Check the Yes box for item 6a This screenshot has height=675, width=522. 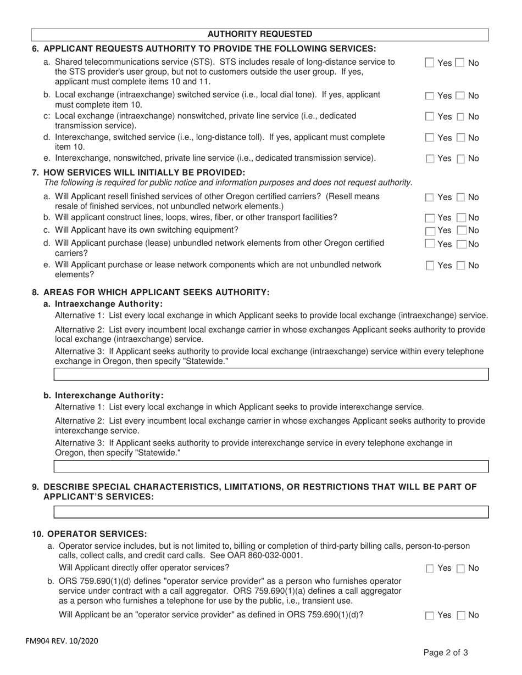click(x=430, y=63)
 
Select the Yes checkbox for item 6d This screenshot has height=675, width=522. click(x=430, y=138)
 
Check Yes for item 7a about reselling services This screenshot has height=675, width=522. click(x=430, y=197)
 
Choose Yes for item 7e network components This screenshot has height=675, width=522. click(x=430, y=266)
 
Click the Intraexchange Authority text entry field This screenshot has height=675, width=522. click(x=271, y=374)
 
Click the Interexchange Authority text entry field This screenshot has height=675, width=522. click(x=271, y=466)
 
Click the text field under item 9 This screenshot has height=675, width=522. click(x=271, y=512)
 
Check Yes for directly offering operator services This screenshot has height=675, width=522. click(x=430, y=569)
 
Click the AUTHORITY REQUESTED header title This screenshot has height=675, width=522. click(x=260, y=34)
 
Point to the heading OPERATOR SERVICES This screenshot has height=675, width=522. click(x=97, y=533)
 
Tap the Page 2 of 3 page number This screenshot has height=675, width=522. click(x=445, y=653)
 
